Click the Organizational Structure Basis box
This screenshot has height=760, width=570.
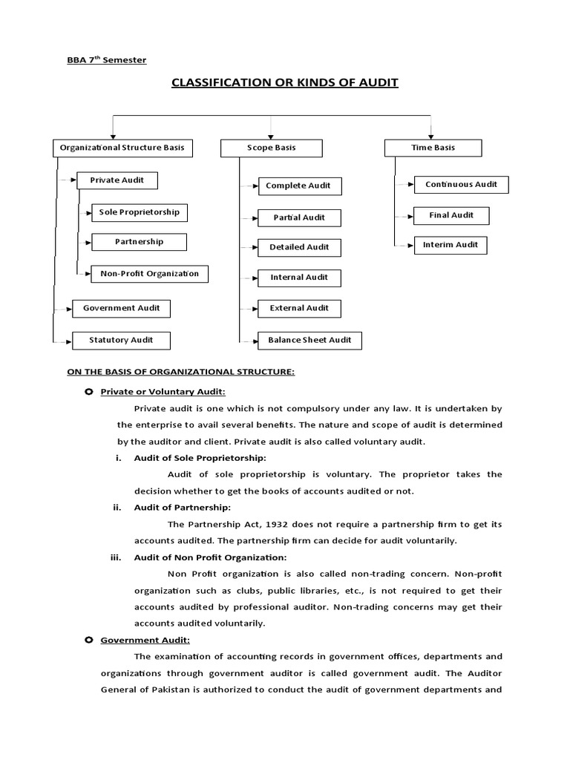pos(122,148)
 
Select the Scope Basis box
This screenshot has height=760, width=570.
pos(271,148)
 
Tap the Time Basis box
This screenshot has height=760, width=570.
pos(433,148)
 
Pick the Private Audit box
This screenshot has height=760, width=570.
pos(117,180)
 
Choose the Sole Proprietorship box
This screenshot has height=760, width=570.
pos(139,212)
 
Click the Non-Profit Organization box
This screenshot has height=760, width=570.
pos(149,274)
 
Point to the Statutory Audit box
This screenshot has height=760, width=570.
pos(121,340)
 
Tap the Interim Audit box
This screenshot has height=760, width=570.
pos(451,245)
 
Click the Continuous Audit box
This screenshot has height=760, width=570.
pos(461,184)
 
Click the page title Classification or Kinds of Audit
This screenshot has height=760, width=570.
pos(285,82)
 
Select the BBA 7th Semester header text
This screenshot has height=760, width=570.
pos(106,60)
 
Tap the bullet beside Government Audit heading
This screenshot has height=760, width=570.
pos(89,640)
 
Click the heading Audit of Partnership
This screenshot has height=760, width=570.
pos(182,508)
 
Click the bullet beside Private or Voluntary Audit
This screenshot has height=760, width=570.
pos(89,391)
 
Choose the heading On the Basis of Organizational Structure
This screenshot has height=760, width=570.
pos(181,372)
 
